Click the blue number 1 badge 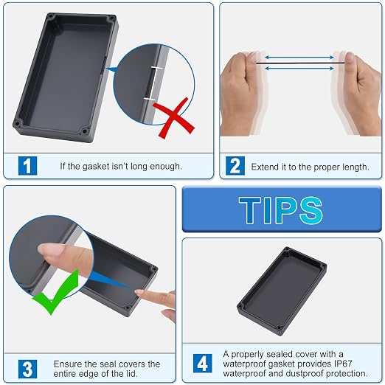(x=27, y=166)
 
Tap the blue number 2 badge (x=235, y=166)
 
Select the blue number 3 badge (x=27, y=369)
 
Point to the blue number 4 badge (x=202, y=364)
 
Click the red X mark (x=174, y=118)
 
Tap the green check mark (x=56, y=293)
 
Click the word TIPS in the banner (x=280, y=210)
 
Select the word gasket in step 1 (x=96, y=167)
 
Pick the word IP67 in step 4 (x=343, y=364)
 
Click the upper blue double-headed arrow (x=299, y=58)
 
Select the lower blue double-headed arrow (x=299, y=68)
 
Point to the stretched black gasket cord (x=300, y=63)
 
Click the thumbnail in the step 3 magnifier (x=49, y=249)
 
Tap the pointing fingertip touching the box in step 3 (x=139, y=292)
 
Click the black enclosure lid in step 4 (x=282, y=291)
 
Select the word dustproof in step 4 (x=305, y=374)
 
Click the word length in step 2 (x=356, y=167)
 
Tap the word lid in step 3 (x=132, y=374)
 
